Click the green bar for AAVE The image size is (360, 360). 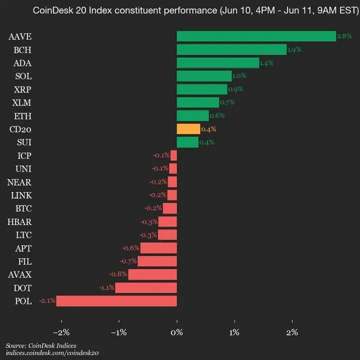(x=256, y=36)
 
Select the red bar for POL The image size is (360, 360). (x=116, y=300)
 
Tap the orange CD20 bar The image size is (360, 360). (x=188, y=129)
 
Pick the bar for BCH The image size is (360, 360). (x=231, y=49)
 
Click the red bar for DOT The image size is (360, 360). (x=146, y=287)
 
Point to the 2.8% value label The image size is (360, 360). (x=344, y=36)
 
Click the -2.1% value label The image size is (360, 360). (x=47, y=300)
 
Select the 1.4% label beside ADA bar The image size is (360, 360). (x=266, y=62)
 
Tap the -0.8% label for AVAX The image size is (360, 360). (x=119, y=274)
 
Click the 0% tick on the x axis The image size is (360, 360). (x=176, y=332)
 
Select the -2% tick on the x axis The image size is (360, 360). (x=61, y=332)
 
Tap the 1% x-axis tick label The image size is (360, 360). (x=234, y=332)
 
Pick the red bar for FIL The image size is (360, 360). (x=157, y=261)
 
